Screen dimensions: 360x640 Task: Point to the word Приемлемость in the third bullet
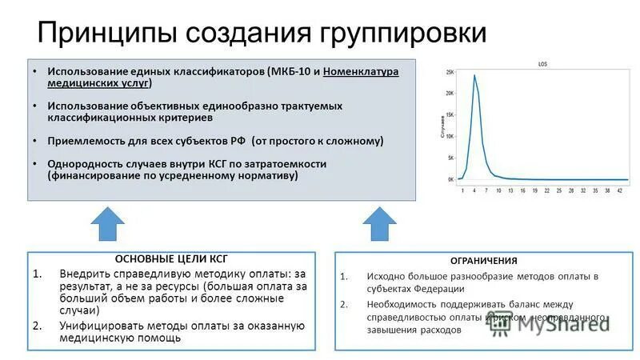point(86,140)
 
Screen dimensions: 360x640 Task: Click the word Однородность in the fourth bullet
point(86,163)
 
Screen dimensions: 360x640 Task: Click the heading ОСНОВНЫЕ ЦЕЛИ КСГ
point(171,258)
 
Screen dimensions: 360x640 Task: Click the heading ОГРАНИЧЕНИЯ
point(482,261)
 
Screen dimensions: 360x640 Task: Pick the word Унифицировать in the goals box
point(101,326)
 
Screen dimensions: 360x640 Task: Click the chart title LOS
point(542,63)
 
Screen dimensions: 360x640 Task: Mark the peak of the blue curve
point(474,75)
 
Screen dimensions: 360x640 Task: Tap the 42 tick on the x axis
point(619,191)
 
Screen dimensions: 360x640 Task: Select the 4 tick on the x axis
point(474,191)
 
